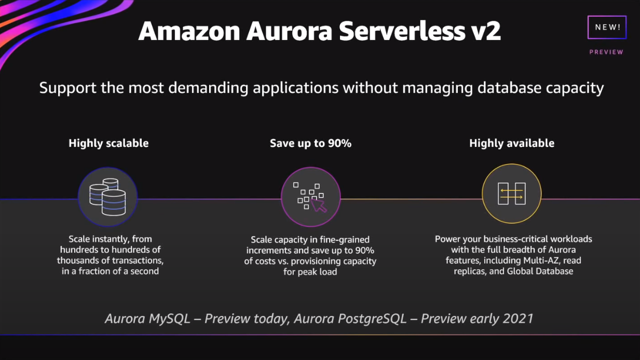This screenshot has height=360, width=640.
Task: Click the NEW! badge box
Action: tap(606, 27)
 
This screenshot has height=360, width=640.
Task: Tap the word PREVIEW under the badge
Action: tap(606, 52)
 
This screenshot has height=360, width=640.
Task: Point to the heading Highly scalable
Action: tap(108, 143)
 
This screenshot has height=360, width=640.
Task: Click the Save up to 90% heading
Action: tap(310, 143)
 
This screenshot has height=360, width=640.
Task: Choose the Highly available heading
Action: tap(511, 143)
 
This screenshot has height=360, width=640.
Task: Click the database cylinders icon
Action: tap(107, 197)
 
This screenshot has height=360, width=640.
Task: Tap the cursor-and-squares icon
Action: tap(310, 197)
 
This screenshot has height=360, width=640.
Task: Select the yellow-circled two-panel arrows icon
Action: tap(511, 194)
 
